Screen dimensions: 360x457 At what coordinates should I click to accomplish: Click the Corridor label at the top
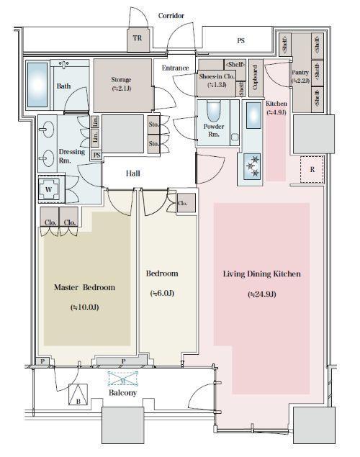click(171, 16)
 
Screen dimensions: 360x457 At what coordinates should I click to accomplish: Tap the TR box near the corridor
click(138, 39)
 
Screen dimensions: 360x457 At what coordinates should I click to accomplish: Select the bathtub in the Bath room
click(37, 85)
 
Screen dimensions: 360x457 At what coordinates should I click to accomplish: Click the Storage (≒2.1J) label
click(121, 83)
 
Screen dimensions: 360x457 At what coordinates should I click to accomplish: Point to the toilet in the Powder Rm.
click(214, 111)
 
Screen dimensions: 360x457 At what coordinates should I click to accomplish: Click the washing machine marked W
click(49, 189)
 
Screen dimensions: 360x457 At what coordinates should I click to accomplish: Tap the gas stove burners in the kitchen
click(252, 166)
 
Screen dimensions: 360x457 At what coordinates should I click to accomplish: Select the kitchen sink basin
click(253, 115)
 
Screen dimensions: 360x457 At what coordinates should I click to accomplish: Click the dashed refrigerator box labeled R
click(312, 170)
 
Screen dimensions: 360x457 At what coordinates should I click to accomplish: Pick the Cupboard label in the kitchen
click(256, 78)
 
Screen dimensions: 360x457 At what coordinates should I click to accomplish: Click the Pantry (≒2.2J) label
click(300, 76)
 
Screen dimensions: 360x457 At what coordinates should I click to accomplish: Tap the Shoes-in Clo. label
click(217, 81)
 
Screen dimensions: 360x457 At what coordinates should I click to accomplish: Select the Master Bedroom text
click(84, 287)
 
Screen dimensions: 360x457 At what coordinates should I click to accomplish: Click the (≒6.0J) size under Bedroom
click(162, 293)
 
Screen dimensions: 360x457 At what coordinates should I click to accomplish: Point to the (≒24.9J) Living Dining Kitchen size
click(262, 294)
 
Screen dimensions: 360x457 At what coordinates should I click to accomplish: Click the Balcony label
click(122, 393)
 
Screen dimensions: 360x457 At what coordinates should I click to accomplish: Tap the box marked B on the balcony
click(78, 394)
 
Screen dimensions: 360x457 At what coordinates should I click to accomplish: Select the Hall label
click(133, 173)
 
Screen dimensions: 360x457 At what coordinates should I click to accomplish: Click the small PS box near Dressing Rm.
click(96, 155)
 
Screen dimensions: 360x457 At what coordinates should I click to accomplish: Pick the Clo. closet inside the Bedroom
click(186, 203)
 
